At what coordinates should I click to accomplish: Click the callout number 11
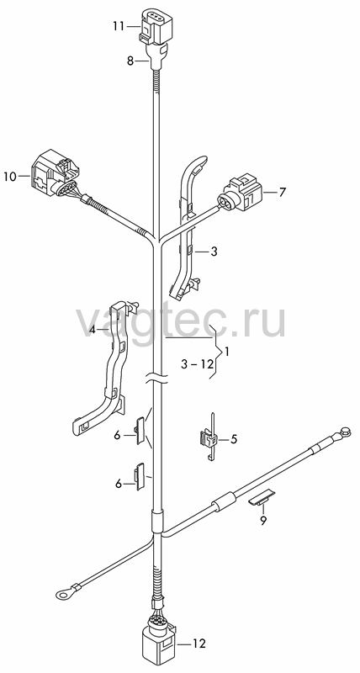tap(118, 26)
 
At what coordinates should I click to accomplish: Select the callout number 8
tap(130, 61)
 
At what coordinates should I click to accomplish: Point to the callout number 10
tap(9, 176)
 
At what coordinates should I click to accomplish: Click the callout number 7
tap(282, 193)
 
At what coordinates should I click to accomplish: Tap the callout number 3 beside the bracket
tap(214, 252)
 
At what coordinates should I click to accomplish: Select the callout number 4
tap(92, 330)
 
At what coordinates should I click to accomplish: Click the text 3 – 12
tap(197, 364)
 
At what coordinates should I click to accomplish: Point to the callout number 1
tap(227, 352)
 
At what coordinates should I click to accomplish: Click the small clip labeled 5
tap(208, 437)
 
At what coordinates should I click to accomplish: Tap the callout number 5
tap(234, 438)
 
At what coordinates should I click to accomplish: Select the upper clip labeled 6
tap(140, 431)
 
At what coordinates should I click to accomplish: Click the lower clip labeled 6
tap(140, 476)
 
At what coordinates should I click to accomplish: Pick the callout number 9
tap(263, 520)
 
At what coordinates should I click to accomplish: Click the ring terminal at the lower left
tap(64, 594)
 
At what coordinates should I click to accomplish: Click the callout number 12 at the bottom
tap(199, 644)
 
